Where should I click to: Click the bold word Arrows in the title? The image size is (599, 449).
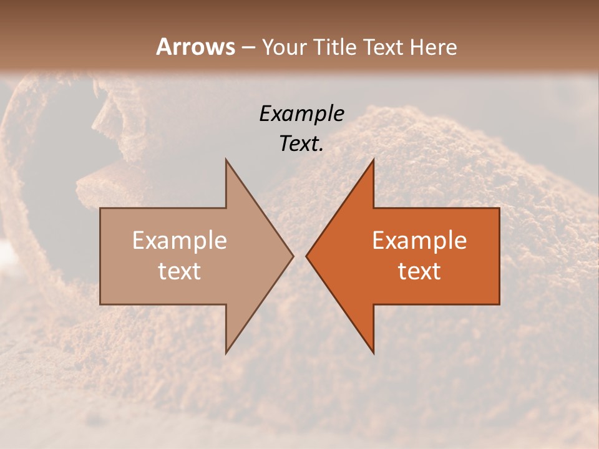[x=196, y=47]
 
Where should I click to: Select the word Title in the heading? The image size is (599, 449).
[x=336, y=47]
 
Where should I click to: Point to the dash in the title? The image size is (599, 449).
[x=248, y=48]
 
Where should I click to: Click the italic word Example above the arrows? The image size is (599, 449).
[x=301, y=113]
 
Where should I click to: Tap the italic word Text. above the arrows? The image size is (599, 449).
[x=301, y=143]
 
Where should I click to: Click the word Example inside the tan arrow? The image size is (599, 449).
[x=179, y=241]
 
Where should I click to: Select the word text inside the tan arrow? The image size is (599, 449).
[x=179, y=271]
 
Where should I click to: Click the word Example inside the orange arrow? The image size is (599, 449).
[x=419, y=241]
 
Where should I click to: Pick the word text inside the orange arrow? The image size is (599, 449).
[x=419, y=271]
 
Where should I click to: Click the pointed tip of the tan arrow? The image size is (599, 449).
[x=293, y=256]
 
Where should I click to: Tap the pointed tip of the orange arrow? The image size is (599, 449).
[x=306, y=256]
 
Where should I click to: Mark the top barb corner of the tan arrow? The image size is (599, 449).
[x=226, y=160]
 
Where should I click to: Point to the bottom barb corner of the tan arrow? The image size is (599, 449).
[x=226, y=352]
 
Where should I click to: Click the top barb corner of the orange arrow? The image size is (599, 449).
[x=373, y=160]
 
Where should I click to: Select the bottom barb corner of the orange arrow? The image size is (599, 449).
[x=373, y=352]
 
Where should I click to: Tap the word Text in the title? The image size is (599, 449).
[x=384, y=47]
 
